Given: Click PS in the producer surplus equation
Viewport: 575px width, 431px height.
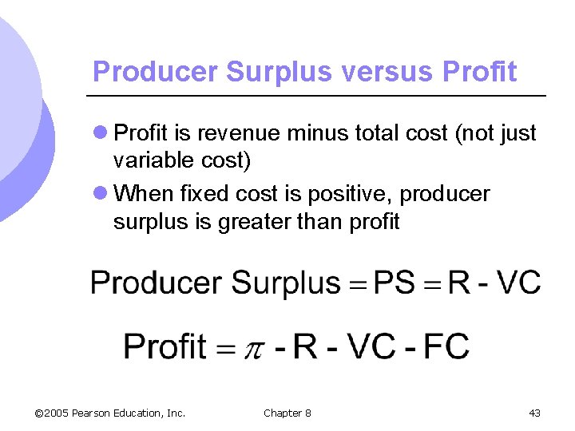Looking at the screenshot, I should coord(394,283).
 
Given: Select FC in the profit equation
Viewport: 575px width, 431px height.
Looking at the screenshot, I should coord(446,346).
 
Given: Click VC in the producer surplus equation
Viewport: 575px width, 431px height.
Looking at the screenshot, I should coord(518,283).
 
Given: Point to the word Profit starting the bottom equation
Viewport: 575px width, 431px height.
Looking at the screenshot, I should coord(165,346).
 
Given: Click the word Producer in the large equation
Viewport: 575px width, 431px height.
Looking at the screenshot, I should coord(156,283).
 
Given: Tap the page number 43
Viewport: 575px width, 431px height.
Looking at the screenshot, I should coord(534,413).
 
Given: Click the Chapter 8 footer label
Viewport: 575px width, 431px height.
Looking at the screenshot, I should coord(287,413).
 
